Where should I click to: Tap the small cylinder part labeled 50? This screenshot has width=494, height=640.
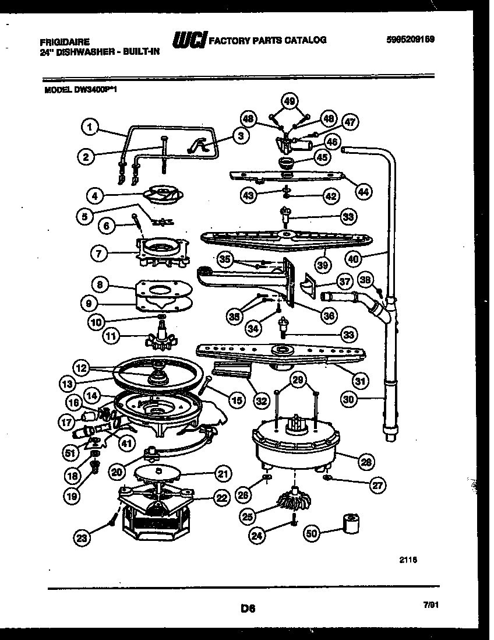tap(351, 525)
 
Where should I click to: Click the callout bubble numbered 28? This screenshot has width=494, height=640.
tap(366, 463)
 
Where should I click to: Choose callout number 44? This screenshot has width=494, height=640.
tap(364, 192)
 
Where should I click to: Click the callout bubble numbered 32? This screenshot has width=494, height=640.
tap(262, 400)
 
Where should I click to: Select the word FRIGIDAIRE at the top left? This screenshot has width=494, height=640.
tap(64, 43)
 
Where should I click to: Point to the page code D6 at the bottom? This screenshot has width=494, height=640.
tap(248, 609)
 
